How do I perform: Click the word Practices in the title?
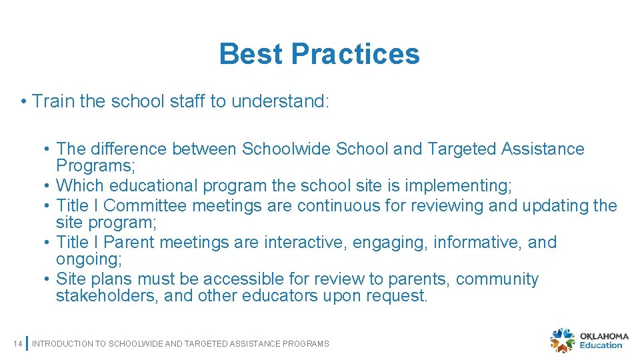point(355,54)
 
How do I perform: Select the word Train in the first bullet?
point(53,101)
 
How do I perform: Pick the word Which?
point(80,185)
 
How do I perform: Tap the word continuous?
point(339,205)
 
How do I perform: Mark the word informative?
point(477,242)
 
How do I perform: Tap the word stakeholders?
point(107,295)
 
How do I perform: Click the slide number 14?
point(17,343)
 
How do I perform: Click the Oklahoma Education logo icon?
point(562,340)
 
